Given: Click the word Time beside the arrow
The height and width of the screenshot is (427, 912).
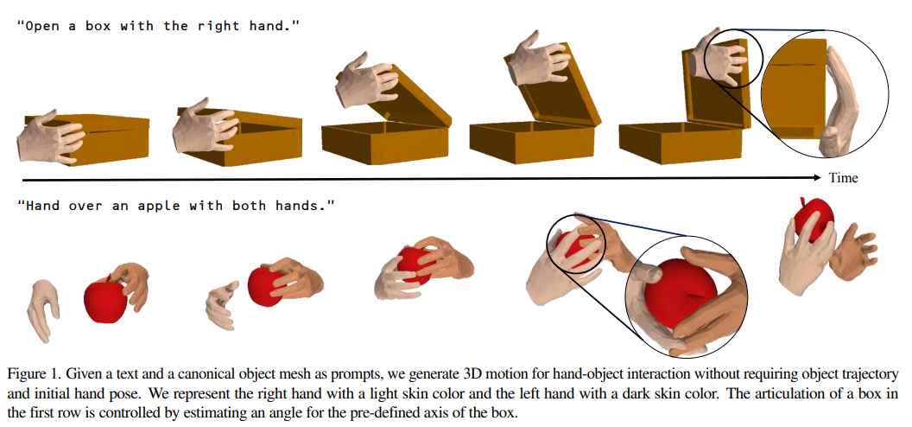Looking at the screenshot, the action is [x=844, y=177].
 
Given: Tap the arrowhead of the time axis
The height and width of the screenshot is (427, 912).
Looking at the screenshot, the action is [x=818, y=177].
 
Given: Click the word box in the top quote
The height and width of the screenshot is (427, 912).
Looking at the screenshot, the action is [x=98, y=27].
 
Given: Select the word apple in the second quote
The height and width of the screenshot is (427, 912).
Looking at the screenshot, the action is [x=159, y=206].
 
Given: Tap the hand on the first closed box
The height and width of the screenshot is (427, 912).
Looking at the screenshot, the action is [x=51, y=136].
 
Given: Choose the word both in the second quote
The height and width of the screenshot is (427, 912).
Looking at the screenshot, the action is [x=249, y=206].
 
